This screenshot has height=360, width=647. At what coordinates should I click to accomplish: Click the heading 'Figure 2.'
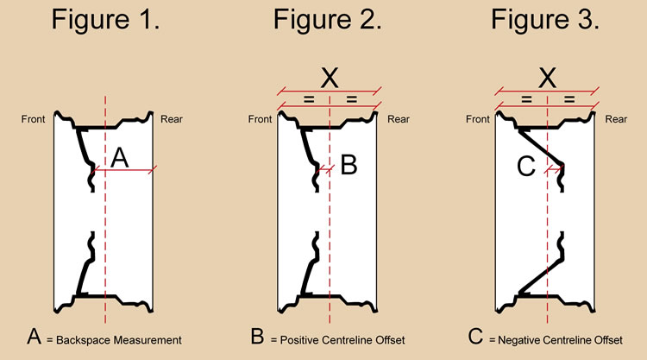coord(328,22)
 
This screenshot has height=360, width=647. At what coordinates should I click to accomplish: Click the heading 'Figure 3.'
coord(546,22)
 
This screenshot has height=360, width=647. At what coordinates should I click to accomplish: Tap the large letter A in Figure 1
coord(121,157)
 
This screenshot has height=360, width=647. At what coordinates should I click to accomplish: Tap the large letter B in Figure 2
coord(348,164)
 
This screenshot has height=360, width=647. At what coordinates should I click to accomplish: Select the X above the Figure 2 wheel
coord(329,79)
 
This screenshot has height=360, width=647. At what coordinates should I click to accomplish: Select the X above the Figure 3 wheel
coord(546,79)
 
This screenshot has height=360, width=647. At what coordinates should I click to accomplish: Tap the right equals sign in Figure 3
coord(569,100)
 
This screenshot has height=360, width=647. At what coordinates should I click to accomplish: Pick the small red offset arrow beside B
coord(324,170)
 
